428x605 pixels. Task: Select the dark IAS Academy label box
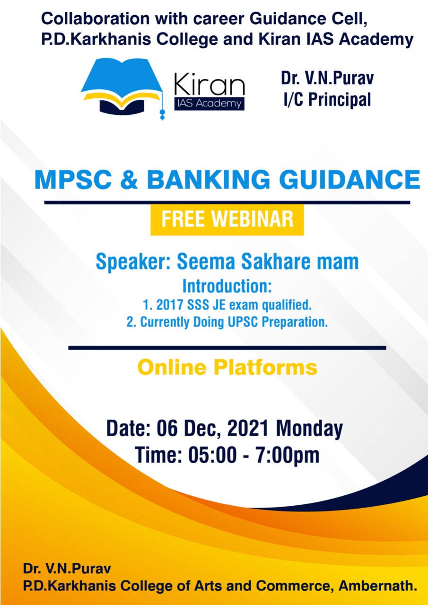click(210, 104)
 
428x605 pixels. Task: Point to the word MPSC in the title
click(73, 180)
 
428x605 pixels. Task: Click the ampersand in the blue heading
click(129, 180)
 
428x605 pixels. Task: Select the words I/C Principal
click(327, 99)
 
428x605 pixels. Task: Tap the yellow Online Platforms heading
click(227, 368)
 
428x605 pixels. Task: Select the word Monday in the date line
click(309, 429)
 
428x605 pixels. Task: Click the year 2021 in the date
click(248, 428)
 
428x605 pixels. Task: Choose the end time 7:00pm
click(288, 455)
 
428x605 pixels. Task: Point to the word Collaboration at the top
click(96, 18)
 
